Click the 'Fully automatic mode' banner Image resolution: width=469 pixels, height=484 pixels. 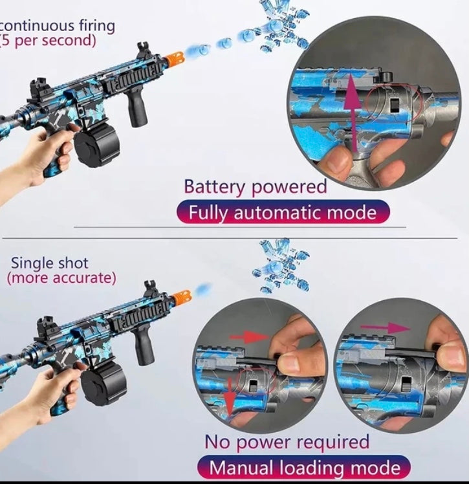click(x=283, y=212)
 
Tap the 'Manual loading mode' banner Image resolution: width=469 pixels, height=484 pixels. click(x=304, y=467)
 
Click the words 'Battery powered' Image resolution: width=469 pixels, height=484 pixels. click(x=255, y=187)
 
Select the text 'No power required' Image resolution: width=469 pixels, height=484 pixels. click(x=287, y=442)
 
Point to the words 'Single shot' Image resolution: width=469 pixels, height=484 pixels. click(x=49, y=263)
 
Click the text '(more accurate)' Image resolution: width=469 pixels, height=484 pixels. click(x=61, y=278)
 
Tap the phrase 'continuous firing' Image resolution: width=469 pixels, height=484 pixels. click(x=57, y=25)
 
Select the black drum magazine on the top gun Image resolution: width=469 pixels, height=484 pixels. click(x=97, y=148)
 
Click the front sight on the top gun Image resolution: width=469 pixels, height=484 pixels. click(x=144, y=50)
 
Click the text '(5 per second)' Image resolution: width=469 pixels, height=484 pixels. click(x=48, y=40)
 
